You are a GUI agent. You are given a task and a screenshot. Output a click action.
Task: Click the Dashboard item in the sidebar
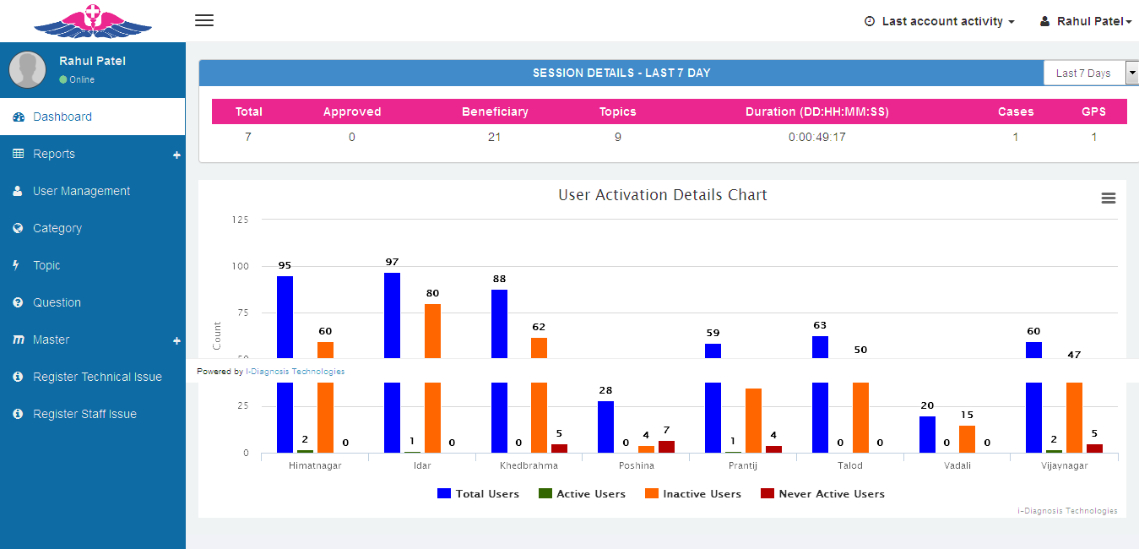click(62, 117)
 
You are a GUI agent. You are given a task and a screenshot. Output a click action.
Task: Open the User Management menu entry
click(81, 191)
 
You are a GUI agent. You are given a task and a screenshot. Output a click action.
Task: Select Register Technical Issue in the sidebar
click(97, 377)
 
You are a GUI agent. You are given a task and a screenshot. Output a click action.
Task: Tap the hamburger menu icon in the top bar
click(204, 20)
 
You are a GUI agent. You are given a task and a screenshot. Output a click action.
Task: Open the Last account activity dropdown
click(940, 21)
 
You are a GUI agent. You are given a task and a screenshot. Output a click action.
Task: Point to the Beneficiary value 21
click(495, 137)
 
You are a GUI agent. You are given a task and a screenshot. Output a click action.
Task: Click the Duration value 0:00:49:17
click(816, 137)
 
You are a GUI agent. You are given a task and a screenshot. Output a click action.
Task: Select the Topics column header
click(617, 111)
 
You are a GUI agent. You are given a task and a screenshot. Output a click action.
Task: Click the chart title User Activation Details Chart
click(662, 195)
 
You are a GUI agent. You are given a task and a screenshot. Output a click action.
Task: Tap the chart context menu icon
click(1109, 198)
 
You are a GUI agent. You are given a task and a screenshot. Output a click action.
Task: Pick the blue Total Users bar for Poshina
click(605, 427)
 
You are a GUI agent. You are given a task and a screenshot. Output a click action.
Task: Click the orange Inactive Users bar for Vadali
click(967, 439)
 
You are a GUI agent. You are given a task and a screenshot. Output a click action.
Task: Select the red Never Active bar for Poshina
click(666, 447)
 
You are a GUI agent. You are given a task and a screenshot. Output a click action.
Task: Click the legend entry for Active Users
click(583, 494)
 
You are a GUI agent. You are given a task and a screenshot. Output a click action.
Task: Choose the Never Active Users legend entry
click(823, 494)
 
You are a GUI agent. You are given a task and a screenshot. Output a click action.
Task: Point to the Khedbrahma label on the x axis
click(529, 465)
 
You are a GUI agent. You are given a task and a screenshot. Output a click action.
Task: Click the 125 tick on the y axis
click(240, 220)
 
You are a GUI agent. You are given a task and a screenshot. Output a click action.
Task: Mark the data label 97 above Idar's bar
click(392, 262)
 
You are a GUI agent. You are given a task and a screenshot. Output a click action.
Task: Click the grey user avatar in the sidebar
click(28, 70)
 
